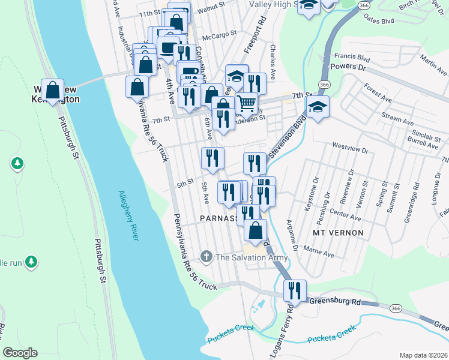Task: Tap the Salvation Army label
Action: (x=252, y=257)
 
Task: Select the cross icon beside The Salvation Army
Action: (x=206, y=257)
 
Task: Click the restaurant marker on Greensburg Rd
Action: (x=295, y=291)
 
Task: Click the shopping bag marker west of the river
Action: (x=53, y=89)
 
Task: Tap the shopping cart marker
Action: (x=246, y=103)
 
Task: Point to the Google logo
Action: (x=19, y=353)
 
